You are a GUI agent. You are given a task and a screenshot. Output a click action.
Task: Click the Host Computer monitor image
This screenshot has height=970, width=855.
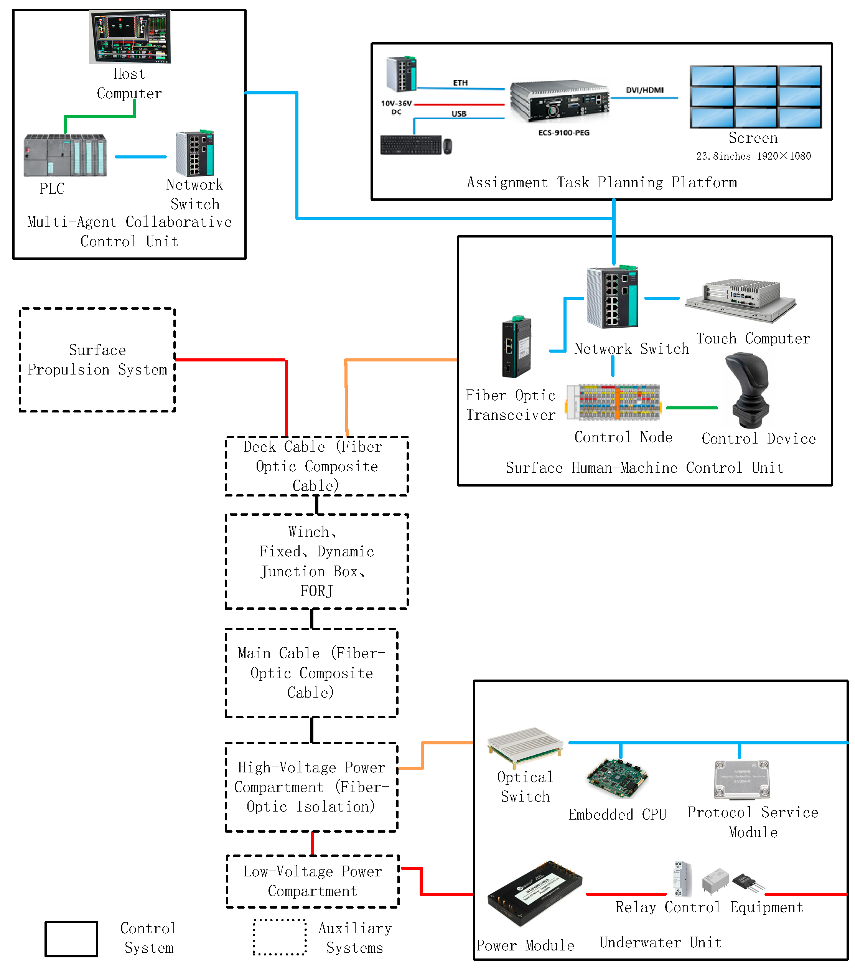pyautogui.click(x=130, y=36)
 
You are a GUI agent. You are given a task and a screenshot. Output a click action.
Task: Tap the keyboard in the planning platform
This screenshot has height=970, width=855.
pyautogui.click(x=411, y=145)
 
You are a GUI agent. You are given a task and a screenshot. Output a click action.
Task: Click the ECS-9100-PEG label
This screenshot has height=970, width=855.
pyautogui.click(x=564, y=133)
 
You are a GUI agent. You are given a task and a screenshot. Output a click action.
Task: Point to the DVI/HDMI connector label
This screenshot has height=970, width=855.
pyautogui.click(x=644, y=90)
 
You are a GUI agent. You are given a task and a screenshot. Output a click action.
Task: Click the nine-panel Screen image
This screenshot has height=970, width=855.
pyautogui.click(x=755, y=97)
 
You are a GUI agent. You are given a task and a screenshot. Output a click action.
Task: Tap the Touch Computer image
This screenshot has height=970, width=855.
pyautogui.click(x=740, y=300)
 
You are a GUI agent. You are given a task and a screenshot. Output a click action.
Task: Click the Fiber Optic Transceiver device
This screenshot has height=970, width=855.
pyautogui.click(x=516, y=347)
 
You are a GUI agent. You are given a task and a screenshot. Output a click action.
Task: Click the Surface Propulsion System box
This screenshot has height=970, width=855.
pyautogui.click(x=97, y=360)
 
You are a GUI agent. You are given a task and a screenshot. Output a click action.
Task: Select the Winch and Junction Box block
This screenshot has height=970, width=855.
pyautogui.click(x=316, y=561)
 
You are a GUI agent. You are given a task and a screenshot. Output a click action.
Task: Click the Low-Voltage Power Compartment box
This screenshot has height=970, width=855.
pyautogui.click(x=312, y=881)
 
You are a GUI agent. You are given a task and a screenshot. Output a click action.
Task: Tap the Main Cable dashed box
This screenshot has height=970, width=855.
pyautogui.click(x=311, y=673)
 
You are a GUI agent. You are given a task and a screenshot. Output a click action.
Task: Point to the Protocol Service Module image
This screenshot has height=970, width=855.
pyautogui.click(x=741, y=780)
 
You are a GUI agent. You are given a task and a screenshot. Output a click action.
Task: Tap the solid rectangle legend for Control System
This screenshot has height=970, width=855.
pyautogui.click(x=71, y=939)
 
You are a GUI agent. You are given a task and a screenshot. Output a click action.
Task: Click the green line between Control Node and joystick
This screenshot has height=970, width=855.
pyautogui.click(x=691, y=407)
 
